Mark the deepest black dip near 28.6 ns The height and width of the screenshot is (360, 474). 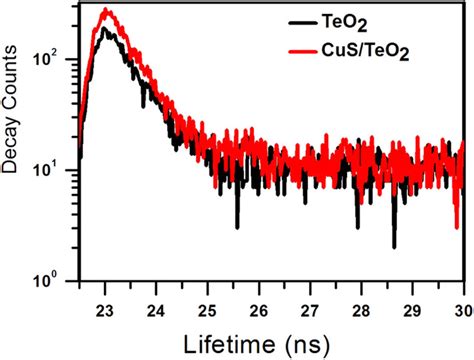click(x=394, y=246)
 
